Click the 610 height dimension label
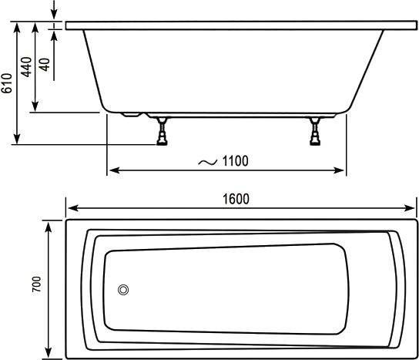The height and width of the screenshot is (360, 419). coord(6,83)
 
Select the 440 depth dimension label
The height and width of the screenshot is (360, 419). coord(26,67)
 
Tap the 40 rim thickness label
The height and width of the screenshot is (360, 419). coord(45,65)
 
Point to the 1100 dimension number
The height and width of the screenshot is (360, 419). coord(235,161)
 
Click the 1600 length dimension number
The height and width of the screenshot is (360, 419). coord(236,199)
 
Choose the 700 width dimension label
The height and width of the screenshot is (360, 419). coord(37,284)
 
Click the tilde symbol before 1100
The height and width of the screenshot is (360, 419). coord(208,162)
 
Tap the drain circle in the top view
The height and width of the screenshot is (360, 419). coord(123,290)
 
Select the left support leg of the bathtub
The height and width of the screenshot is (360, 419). coord(162,131)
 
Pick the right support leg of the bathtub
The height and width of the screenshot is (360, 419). coord(315,131)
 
